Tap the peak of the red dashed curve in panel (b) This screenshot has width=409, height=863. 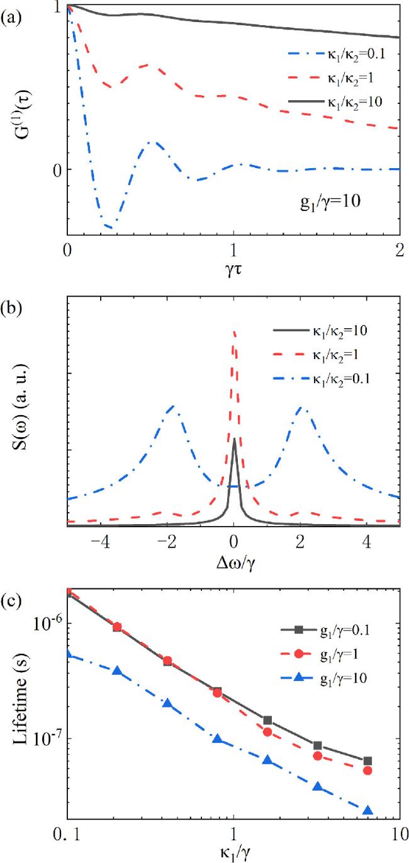tap(234, 331)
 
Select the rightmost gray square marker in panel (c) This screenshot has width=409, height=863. tap(368, 761)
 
